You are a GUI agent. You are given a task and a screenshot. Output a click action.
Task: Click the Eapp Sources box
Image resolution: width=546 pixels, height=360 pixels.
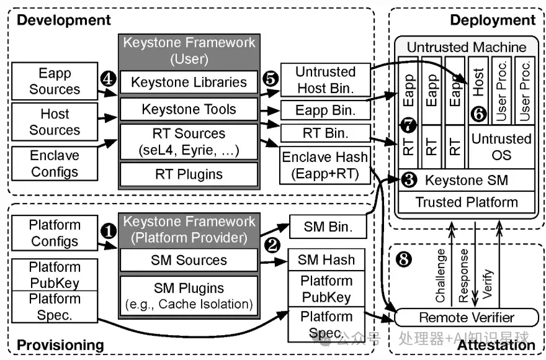point(55,81)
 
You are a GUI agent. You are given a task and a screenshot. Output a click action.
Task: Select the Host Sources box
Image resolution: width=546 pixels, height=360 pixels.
point(55,122)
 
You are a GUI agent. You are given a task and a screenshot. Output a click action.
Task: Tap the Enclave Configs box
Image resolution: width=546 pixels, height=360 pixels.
point(55,163)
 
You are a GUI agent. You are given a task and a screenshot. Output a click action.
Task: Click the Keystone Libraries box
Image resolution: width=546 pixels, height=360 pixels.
point(189,82)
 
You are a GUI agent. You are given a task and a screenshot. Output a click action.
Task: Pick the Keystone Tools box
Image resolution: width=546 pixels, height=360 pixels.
point(189,110)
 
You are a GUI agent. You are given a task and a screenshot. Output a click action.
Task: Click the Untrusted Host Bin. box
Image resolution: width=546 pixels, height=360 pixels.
point(325,80)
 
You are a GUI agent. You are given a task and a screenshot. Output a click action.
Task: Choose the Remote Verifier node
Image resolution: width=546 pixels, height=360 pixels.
point(466,317)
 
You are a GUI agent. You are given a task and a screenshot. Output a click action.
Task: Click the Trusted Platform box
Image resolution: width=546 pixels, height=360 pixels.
point(466,202)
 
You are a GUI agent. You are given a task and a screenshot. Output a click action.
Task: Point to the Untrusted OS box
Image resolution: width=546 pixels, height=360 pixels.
point(501,147)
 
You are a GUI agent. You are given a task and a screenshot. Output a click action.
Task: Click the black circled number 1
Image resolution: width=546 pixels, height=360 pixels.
point(109,231)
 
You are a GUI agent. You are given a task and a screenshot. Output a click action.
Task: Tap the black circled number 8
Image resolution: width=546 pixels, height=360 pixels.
point(404,259)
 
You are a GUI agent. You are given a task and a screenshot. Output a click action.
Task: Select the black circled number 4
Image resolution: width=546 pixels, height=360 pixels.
point(109,79)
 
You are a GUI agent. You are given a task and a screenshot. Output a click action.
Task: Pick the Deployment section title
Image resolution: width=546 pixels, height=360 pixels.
point(492,20)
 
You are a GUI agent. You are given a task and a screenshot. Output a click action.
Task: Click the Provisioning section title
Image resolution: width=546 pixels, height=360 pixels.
point(60,344)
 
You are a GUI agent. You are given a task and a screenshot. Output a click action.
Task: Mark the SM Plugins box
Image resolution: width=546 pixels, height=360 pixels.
point(189,295)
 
